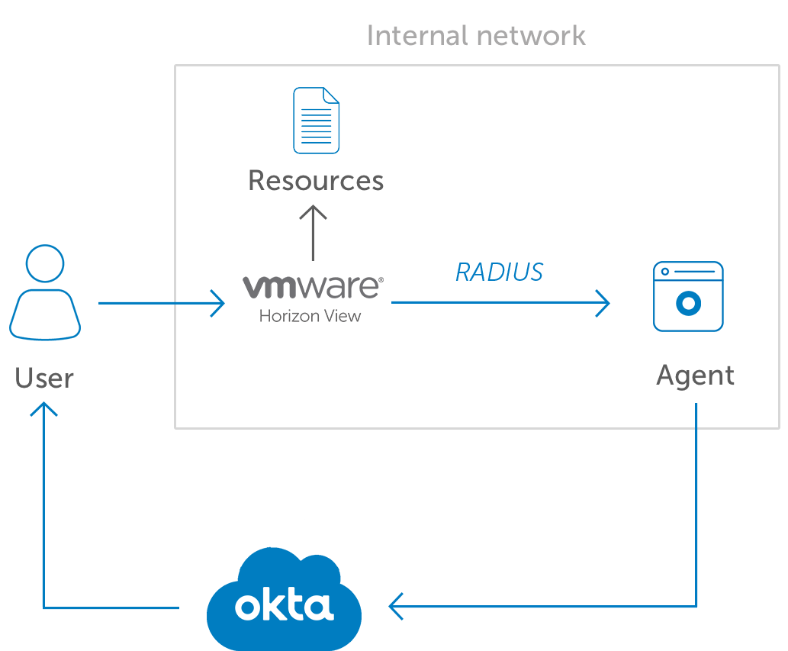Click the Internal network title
(476, 36)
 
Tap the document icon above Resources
(317, 121)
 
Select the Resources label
(316, 181)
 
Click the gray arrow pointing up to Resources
(313, 233)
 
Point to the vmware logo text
(313, 287)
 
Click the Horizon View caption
(310, 315)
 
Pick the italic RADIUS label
(499, 272)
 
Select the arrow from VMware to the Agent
(500, 303)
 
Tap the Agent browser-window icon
(688, 296)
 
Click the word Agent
(695, 375)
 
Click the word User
(44, 378)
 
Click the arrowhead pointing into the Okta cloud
(397, 607)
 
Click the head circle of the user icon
(45, 263)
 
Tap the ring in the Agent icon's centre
(688, 304)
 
